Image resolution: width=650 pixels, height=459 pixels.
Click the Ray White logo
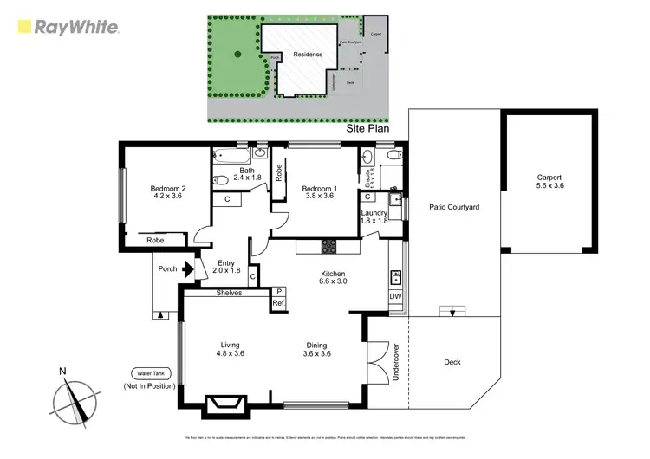point(68,27)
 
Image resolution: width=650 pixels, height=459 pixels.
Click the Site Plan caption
point(367,127)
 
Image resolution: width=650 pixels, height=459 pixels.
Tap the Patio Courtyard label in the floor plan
point(454,207)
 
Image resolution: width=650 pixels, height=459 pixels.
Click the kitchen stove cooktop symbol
point(328,247)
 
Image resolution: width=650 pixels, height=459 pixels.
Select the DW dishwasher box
point(395,296)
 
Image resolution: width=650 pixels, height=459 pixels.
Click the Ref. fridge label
point(279,303)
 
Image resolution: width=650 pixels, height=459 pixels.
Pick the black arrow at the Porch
point(186,269)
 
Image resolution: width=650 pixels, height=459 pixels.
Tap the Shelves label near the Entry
point(229,293)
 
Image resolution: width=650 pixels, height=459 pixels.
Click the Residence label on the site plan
point(308,54)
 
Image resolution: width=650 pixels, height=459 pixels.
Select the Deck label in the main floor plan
point(452,363)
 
